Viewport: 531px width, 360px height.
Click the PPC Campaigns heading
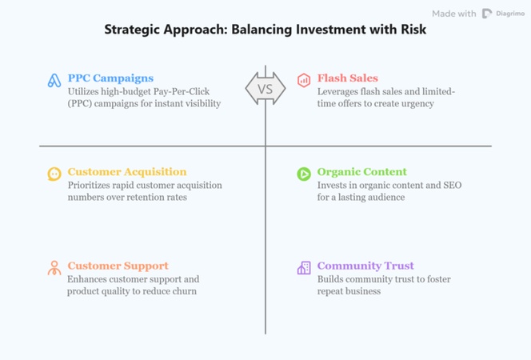coord(110,78)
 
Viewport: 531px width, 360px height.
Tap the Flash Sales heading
coord(347,78)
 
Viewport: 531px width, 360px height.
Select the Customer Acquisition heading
coord(126,172)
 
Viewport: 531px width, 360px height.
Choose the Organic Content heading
coord(361,172)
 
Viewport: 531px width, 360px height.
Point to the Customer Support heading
coord(118,266)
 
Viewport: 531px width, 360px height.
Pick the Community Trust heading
coord(365,266)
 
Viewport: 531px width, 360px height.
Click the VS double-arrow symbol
coord(265,89)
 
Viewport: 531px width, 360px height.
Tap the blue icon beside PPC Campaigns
coord(54,81)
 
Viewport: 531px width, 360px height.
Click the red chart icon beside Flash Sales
coord(304,80)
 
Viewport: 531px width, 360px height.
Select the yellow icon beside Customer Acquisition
coord(54,174)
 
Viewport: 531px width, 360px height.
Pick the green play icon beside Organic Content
coord(304,174)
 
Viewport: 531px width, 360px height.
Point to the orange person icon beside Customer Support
coord(54,268)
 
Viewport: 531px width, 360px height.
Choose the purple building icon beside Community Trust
coord(304,268)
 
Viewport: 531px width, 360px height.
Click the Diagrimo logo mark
coord(487,14)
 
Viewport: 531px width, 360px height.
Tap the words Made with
coord(454,14)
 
